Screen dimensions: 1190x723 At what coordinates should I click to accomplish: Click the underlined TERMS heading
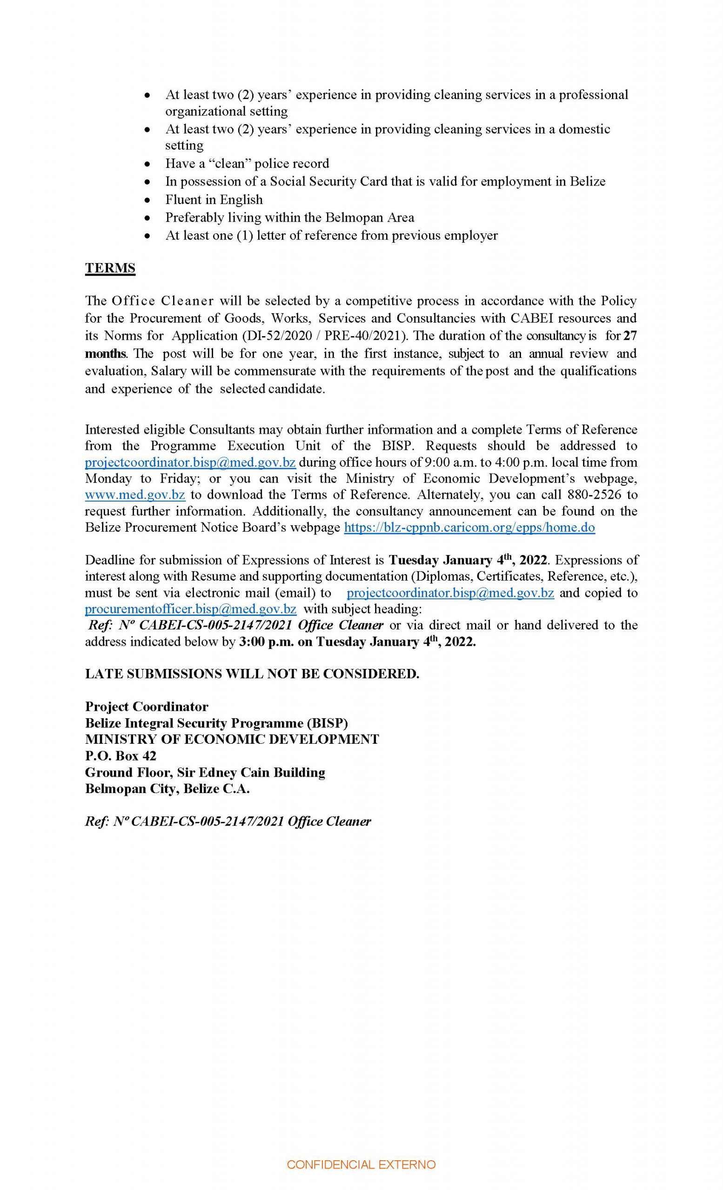point(110,268)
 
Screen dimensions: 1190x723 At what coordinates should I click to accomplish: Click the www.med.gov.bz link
point(135,495)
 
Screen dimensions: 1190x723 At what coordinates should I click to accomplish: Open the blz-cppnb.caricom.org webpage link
point(469,528)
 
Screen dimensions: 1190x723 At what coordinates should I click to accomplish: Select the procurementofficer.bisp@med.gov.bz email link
point(190,608)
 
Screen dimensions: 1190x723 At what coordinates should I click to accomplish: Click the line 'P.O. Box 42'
point(120,756)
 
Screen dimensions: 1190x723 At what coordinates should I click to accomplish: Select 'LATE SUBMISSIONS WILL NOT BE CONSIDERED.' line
point(252,674)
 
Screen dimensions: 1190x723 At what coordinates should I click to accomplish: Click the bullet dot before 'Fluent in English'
point(148,200)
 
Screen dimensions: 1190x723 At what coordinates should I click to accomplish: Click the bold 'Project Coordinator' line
point(147,707)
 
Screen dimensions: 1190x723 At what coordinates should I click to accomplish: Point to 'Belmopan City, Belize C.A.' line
point(167,789)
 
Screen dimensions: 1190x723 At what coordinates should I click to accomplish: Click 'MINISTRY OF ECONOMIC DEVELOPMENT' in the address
point(232,740)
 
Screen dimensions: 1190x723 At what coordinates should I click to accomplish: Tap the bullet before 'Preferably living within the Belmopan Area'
point(148,218)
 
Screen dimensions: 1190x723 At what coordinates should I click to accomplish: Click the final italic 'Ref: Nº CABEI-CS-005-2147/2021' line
point(228,821)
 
